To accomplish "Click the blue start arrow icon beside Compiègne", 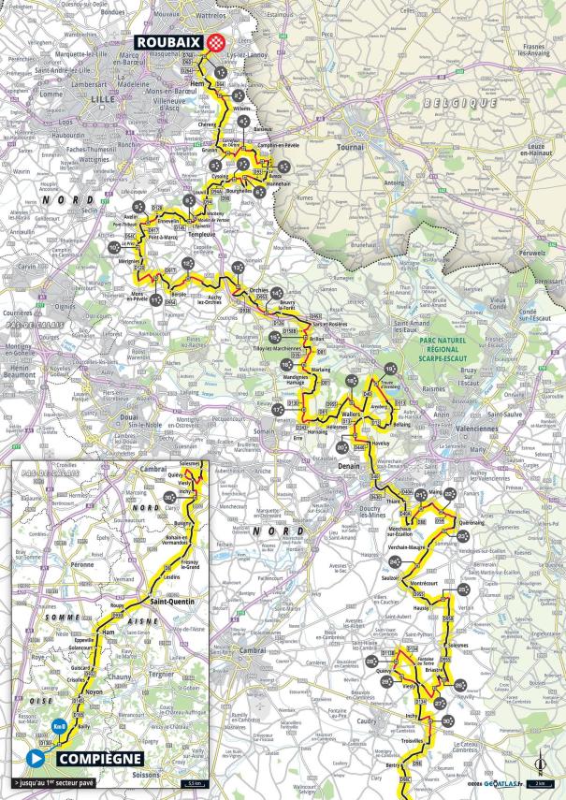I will tap(36, 758).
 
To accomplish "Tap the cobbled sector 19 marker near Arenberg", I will tap(391, 371).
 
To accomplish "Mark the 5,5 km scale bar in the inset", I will tap(191, 782).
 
